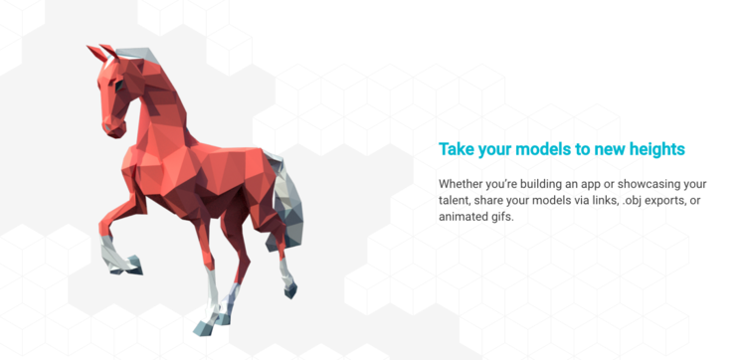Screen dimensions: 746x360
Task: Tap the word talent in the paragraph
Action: point(454,200)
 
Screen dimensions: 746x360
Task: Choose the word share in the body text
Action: point(484,200)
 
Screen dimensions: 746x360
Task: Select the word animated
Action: point(459,217)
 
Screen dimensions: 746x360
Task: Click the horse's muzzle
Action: point(113,127)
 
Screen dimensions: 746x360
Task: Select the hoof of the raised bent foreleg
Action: point(133,265)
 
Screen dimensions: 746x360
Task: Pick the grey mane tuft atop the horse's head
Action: point(137,55)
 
